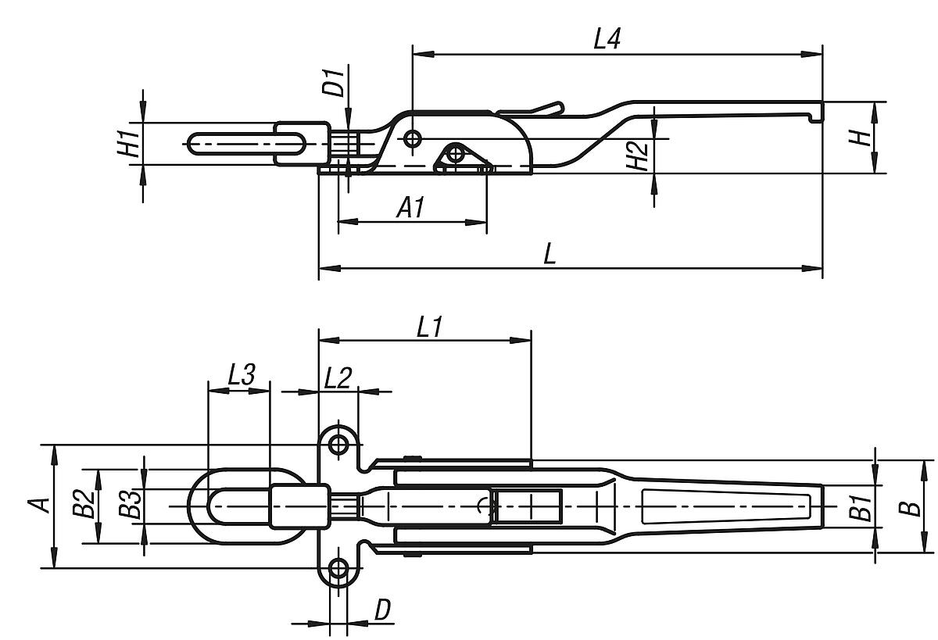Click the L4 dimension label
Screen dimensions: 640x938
(607, 40)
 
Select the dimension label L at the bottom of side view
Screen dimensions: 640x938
(550, 254)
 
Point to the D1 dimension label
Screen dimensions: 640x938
(335, 82)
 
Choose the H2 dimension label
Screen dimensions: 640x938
(638, 156)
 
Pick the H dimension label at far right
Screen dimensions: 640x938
(860, 138)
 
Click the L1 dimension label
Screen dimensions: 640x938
(429, 327)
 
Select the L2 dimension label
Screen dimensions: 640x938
(338, 378)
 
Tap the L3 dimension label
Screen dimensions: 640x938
(242, 375)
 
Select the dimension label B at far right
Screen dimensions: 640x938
(908, 506)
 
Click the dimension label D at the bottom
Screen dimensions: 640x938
(382, 610)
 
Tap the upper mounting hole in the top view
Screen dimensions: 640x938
(338, 445)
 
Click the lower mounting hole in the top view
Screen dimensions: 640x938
(338, 569)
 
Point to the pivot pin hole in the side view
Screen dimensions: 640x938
(413, 138)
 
